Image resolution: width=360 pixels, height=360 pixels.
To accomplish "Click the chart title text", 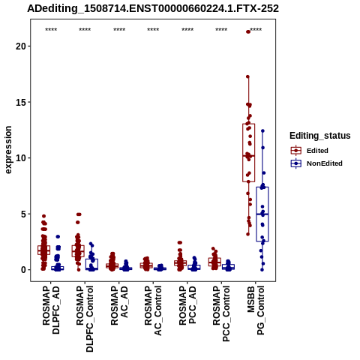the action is click(x=153, y=8).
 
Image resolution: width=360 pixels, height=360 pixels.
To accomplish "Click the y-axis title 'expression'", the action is click(x=8, y=150).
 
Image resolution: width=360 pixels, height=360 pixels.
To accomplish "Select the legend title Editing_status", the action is click(x=320, y=136).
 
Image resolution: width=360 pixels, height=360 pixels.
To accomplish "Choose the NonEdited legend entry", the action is click(x=316, y=163).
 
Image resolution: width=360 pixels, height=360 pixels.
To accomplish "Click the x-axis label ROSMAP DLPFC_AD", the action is click(x=51, y=310).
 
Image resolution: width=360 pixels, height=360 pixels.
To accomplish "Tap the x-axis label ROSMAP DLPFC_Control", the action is click(x=85, y=319).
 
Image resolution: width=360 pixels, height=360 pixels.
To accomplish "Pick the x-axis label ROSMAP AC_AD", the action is click(x=119, y=305).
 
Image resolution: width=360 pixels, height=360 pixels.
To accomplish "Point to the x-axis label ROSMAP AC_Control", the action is click(x=153, y=310).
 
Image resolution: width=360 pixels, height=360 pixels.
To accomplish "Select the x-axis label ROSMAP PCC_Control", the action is click(x=221, y=313).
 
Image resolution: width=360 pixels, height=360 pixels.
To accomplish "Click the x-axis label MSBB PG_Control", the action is click(x=256, y=310).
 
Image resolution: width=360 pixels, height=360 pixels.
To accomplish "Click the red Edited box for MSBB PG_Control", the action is click(x=248, y=152).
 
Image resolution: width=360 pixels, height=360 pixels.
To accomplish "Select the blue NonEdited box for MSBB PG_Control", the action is click(x=262, y=214).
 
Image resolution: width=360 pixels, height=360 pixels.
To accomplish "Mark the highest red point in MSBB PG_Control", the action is click(x=248, y=31).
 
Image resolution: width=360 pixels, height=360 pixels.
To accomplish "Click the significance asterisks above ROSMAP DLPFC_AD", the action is click(x=51, y=30).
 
